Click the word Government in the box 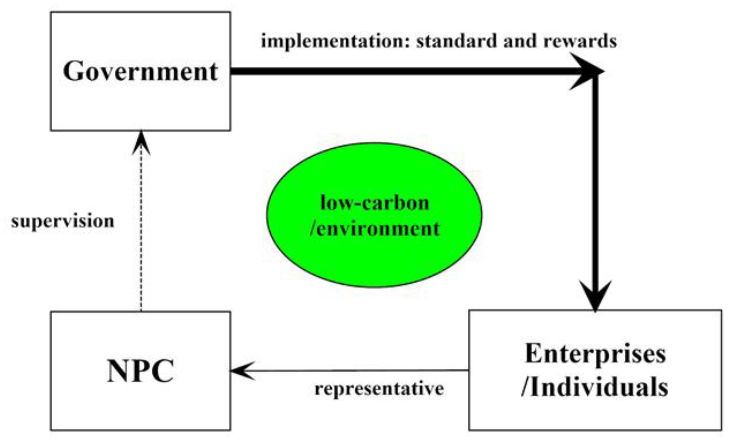(x=140, y=71)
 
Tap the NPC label (x=140, y=371)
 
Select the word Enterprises (x=595, y=354)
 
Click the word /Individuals (x=595, y=387)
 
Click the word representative (x=379, y=389)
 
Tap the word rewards (x=580, y=41)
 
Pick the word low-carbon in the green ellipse (x=375, y=203)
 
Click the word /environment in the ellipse (x=375, y=229)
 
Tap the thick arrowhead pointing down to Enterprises (x=595, y=295)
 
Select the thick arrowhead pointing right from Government (x=586, y=71)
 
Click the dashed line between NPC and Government (x=141, y=233)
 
